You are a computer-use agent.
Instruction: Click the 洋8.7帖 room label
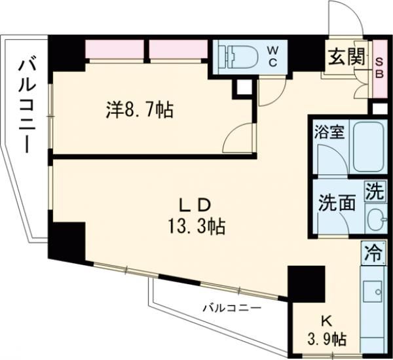(140, 111)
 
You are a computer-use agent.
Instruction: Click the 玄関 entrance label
(345, 58)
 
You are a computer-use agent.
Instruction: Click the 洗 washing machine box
(374, 191)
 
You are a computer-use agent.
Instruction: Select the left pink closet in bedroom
(115, 50)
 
